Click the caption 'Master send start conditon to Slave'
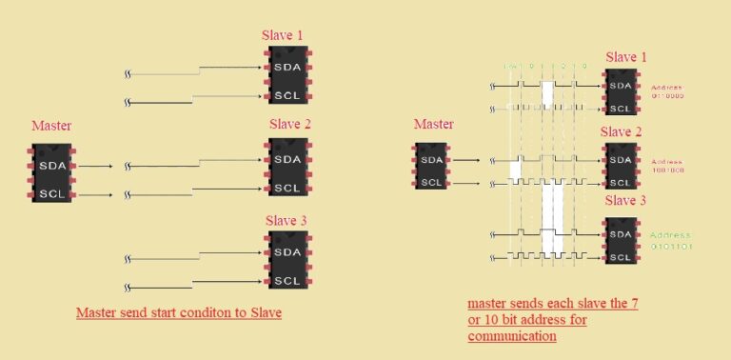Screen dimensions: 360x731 click(x=179, y=313)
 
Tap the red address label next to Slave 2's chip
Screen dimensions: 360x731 click(x=667, y=166)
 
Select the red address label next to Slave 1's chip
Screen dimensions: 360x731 click(x=667, y=93)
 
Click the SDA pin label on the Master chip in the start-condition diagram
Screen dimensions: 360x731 click(x=51, y=166)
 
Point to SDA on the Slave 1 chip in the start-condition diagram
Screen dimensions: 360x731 click(x=286, y=68)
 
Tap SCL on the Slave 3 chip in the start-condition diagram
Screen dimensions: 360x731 click(x=286, y=280)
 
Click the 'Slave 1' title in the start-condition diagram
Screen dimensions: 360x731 click(x=283, y=35)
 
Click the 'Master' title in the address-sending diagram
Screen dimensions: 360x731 click(x=434, y=124)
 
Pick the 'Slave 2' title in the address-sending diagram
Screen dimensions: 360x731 click(x=624, y=131)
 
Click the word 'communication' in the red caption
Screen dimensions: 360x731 click(x=512, y=336)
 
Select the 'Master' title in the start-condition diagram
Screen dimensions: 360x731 click(x=51, y=126)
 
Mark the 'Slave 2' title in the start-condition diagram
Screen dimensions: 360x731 click(x=290, y=124)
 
